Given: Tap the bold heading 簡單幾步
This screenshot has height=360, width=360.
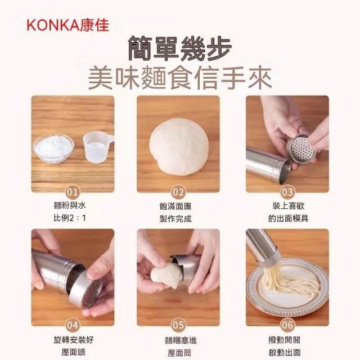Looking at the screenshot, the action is tap(180, 48).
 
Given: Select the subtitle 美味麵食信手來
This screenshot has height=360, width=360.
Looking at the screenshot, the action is tap(180, 78).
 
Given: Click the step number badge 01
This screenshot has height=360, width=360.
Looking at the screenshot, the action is tap(73, 192).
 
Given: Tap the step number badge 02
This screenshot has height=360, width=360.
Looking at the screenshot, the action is tap(178, 192).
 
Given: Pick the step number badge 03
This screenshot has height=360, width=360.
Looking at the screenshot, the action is tap(287, 192).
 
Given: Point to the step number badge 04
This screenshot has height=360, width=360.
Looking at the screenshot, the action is tap(73, 325).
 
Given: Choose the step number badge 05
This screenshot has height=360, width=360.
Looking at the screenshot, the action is tap(178, 325).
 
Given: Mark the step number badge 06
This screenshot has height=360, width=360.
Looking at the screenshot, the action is tap(287, 325).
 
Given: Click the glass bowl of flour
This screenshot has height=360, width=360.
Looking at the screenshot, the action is tap(54, 148).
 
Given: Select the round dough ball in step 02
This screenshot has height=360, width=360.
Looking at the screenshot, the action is tap(179, 146).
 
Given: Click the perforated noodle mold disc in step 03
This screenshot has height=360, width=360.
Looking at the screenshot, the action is tap(301, 149).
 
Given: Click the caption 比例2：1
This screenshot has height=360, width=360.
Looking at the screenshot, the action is tap(70, 218).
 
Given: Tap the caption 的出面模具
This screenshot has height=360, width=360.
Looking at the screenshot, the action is tap(288, 218).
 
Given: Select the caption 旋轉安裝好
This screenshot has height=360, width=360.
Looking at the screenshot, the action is tap(74, 340).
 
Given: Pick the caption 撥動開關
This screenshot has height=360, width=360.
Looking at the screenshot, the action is tap(284, 340).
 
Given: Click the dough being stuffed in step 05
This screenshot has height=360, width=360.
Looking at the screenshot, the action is tap(165, 276).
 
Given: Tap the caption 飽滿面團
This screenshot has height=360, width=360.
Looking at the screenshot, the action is tap(175, 206).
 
